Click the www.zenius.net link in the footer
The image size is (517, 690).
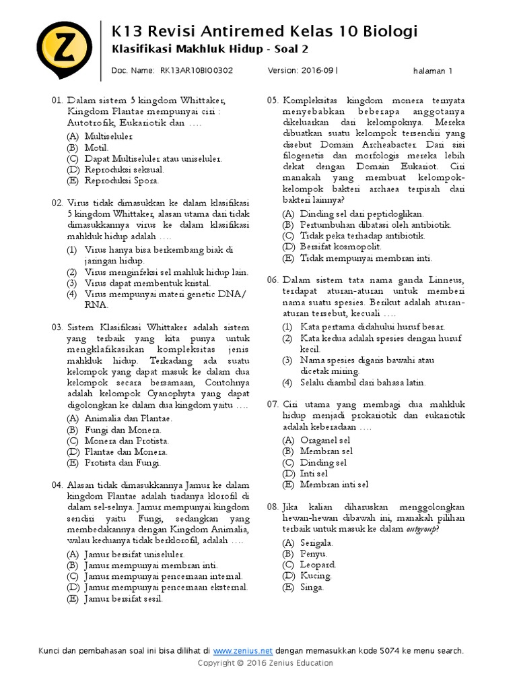242,651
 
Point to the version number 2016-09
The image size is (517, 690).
317,69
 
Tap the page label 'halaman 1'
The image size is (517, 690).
432,70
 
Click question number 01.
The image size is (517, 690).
57,100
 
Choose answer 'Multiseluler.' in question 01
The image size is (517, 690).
108,136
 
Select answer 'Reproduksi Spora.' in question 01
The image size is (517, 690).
121,181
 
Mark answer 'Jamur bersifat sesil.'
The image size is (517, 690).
124,598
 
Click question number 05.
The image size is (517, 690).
272,100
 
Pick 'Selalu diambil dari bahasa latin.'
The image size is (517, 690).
363,382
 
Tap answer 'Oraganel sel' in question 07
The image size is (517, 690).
325,440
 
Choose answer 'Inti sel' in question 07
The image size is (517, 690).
314,474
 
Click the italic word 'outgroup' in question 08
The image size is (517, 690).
421,530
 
